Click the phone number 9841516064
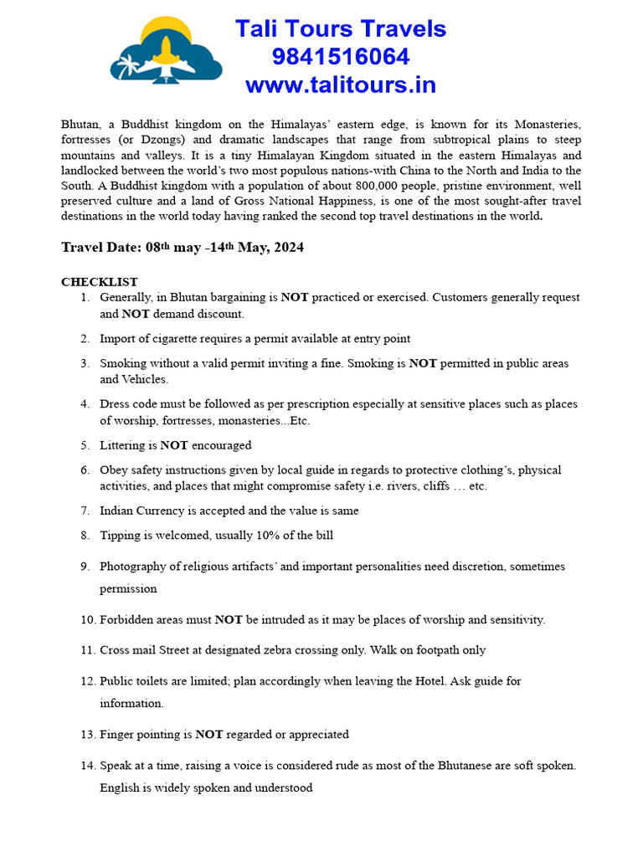coord(340,57)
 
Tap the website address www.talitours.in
coord(340,85)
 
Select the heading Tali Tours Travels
coord(340,28)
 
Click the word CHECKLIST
coord(100,282)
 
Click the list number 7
coord(85,511)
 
